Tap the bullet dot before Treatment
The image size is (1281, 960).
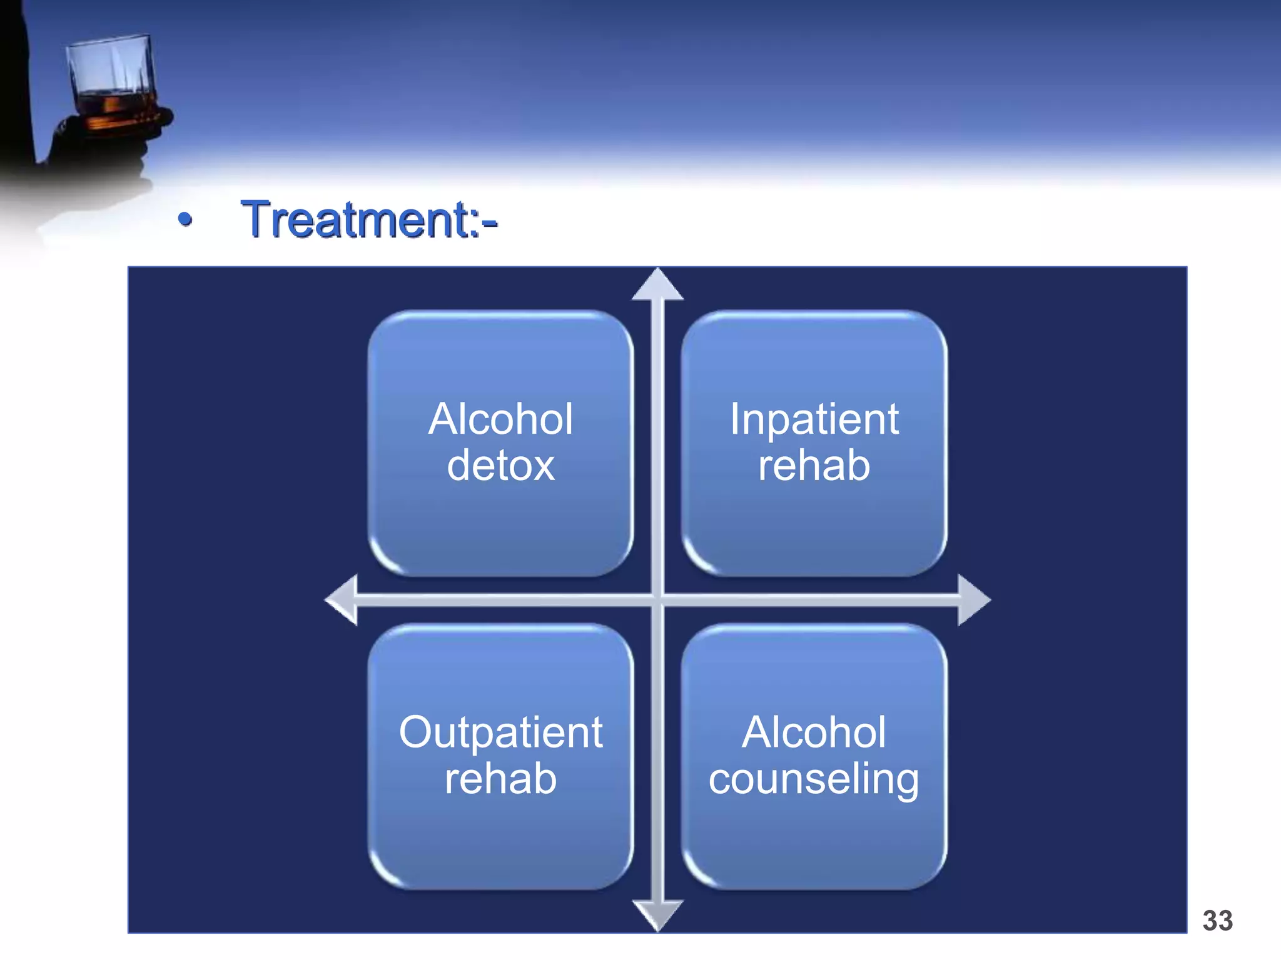[185, 219]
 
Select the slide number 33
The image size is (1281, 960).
[1217, 921]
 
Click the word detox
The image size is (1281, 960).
[500, 466]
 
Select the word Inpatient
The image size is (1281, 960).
[814, 419]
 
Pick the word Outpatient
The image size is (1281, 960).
[500, 732]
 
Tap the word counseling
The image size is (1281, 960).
[814, 780]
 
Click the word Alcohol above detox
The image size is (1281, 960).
[500, 419]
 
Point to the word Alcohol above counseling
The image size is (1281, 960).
[814, 732]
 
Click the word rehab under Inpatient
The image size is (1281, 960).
[814, 466]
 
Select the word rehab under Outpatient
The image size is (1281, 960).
[500, 779]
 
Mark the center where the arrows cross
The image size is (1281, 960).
[657, 600]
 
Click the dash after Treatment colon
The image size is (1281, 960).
[490, 222]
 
